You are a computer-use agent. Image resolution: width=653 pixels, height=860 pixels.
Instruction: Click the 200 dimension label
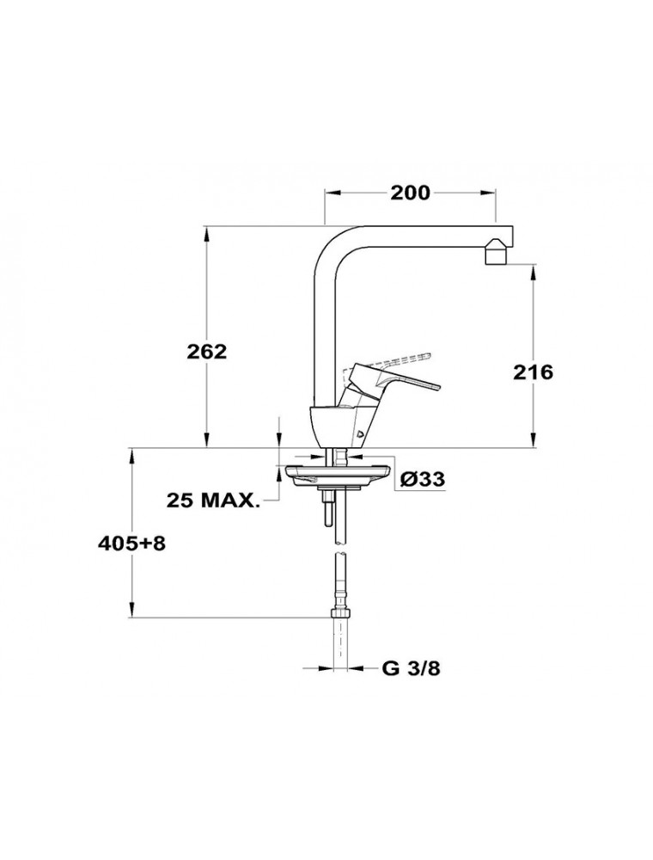coord(410,193)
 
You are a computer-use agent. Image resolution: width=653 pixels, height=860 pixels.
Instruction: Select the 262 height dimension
coord(206,352)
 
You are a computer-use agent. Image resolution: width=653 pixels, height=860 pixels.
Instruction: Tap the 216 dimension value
coord(533,372)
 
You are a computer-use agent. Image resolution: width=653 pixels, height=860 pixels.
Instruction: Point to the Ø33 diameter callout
coord(423,479)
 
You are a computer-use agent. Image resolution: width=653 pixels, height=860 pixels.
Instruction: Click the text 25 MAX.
coord(212,501)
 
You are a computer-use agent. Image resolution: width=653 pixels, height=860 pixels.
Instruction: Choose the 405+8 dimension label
coord(131,544)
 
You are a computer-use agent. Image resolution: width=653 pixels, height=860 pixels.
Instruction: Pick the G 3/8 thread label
coord(411,669)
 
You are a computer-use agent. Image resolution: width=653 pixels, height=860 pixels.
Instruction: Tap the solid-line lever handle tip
coord(436,386)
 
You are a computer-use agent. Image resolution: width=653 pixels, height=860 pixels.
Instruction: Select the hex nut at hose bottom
coord(341,614)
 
